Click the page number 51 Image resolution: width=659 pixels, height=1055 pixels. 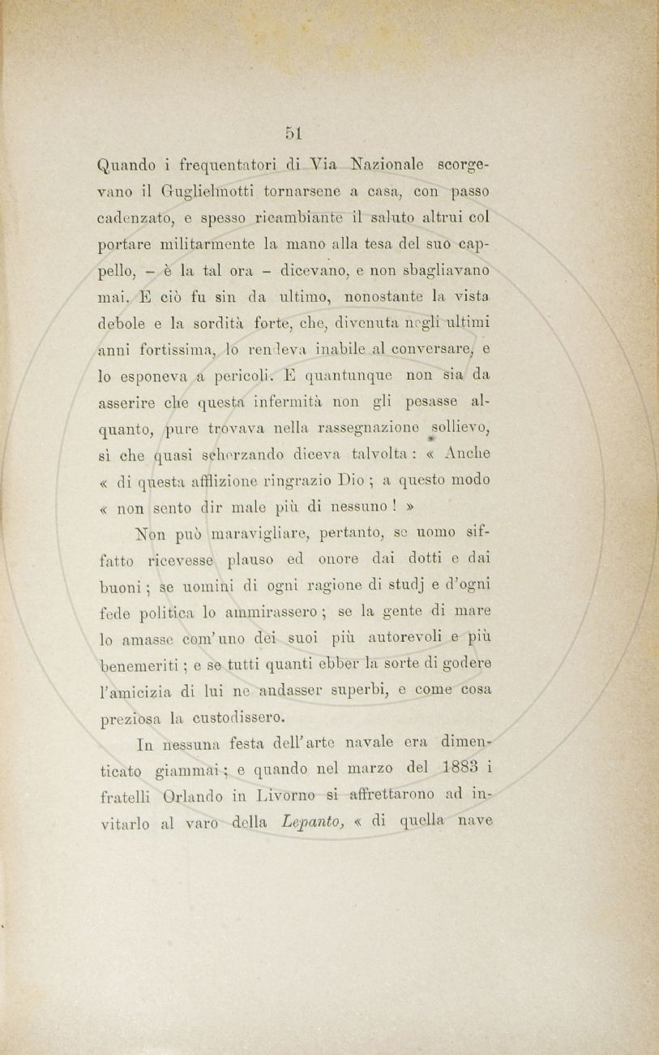click(x=293, y=132)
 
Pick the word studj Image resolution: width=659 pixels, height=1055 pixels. click(x=403, y=587)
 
